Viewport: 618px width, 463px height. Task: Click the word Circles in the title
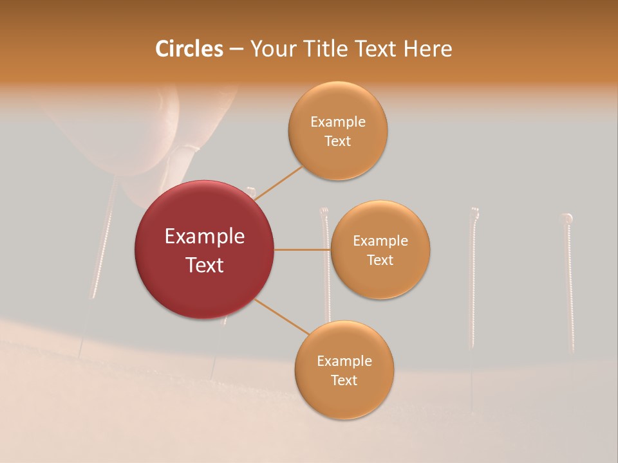tap(189, 49)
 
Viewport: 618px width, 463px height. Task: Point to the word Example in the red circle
tap(205, 237)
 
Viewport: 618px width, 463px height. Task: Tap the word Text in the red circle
tap(205, 265)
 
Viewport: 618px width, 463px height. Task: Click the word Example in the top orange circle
tap(338, 122)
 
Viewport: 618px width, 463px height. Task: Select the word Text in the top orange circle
tap(338, 141)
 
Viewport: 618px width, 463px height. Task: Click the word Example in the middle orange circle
tap(380, 241)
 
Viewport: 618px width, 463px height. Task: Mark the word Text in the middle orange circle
tap(380, 260)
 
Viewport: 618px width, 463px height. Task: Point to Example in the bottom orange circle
tap(344, 361)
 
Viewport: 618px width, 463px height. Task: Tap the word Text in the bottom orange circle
tap(344, 380)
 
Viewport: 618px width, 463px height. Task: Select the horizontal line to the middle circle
tap(301, 250)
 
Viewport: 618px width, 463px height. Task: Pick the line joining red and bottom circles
tap(282, 316)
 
